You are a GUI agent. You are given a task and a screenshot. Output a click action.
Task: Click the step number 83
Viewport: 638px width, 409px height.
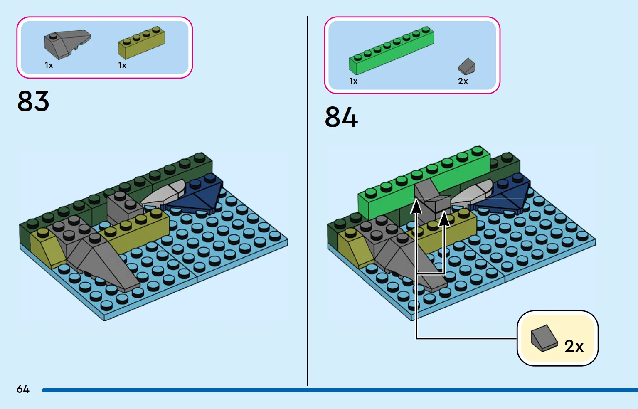[x=33, y=101]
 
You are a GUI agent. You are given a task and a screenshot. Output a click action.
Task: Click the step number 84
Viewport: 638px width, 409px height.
[x=341, y=117]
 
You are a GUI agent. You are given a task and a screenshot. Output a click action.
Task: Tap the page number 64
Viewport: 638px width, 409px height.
[x=23, y=389]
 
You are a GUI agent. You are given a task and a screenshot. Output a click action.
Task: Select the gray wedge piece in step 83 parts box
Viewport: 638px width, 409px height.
[x=67, y=43]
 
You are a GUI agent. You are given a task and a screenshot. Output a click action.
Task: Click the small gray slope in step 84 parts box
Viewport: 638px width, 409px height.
[x=467, y=67]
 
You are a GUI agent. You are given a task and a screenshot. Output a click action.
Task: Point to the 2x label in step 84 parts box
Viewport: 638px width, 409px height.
[x=463, y=81]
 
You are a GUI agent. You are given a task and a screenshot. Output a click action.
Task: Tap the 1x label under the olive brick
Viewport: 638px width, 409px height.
[x=122, y=66]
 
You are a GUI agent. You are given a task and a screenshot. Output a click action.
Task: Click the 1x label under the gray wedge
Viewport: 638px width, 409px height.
[x=49, y=66]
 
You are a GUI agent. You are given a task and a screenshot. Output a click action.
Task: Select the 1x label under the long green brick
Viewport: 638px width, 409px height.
[x=353, y=81]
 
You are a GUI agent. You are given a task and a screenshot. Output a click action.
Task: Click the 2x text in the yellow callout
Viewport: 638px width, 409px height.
[x=574, y=346]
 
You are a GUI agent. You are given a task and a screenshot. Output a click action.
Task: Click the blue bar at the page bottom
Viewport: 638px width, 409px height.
[x=333, y=390]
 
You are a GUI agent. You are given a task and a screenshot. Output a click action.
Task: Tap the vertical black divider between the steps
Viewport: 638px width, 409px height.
[x=307, y=200]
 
